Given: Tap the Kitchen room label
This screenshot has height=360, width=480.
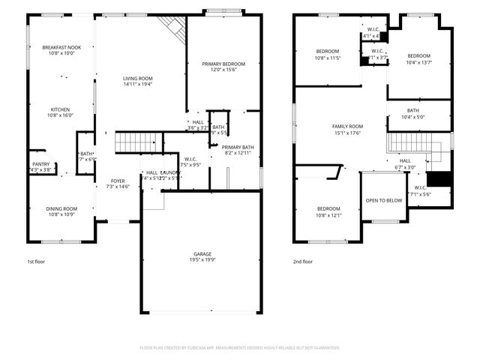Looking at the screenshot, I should pos(60,109).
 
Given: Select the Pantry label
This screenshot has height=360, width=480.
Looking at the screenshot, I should pos(40,164).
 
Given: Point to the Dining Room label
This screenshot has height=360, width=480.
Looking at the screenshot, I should pos(62,208).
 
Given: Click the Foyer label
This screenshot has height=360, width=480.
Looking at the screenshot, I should pos(118,181).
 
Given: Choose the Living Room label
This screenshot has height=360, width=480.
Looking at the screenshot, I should pos(138,78).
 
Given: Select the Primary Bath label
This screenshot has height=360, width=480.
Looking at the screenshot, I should pos(238,147).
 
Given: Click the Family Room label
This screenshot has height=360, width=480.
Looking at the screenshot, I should pos(347,126).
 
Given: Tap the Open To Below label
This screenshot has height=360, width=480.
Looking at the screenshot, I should pos(382,200).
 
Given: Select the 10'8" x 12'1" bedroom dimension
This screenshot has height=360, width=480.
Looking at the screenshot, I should pos(328,215).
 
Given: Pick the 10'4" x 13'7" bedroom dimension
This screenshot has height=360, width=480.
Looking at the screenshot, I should pos(419,62).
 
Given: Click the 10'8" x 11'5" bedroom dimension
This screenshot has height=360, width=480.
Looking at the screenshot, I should pos(328,58).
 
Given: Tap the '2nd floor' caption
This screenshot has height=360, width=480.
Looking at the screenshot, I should pos(303,262).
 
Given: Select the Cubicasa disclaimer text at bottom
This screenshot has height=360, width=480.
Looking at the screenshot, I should pos(240,348).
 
